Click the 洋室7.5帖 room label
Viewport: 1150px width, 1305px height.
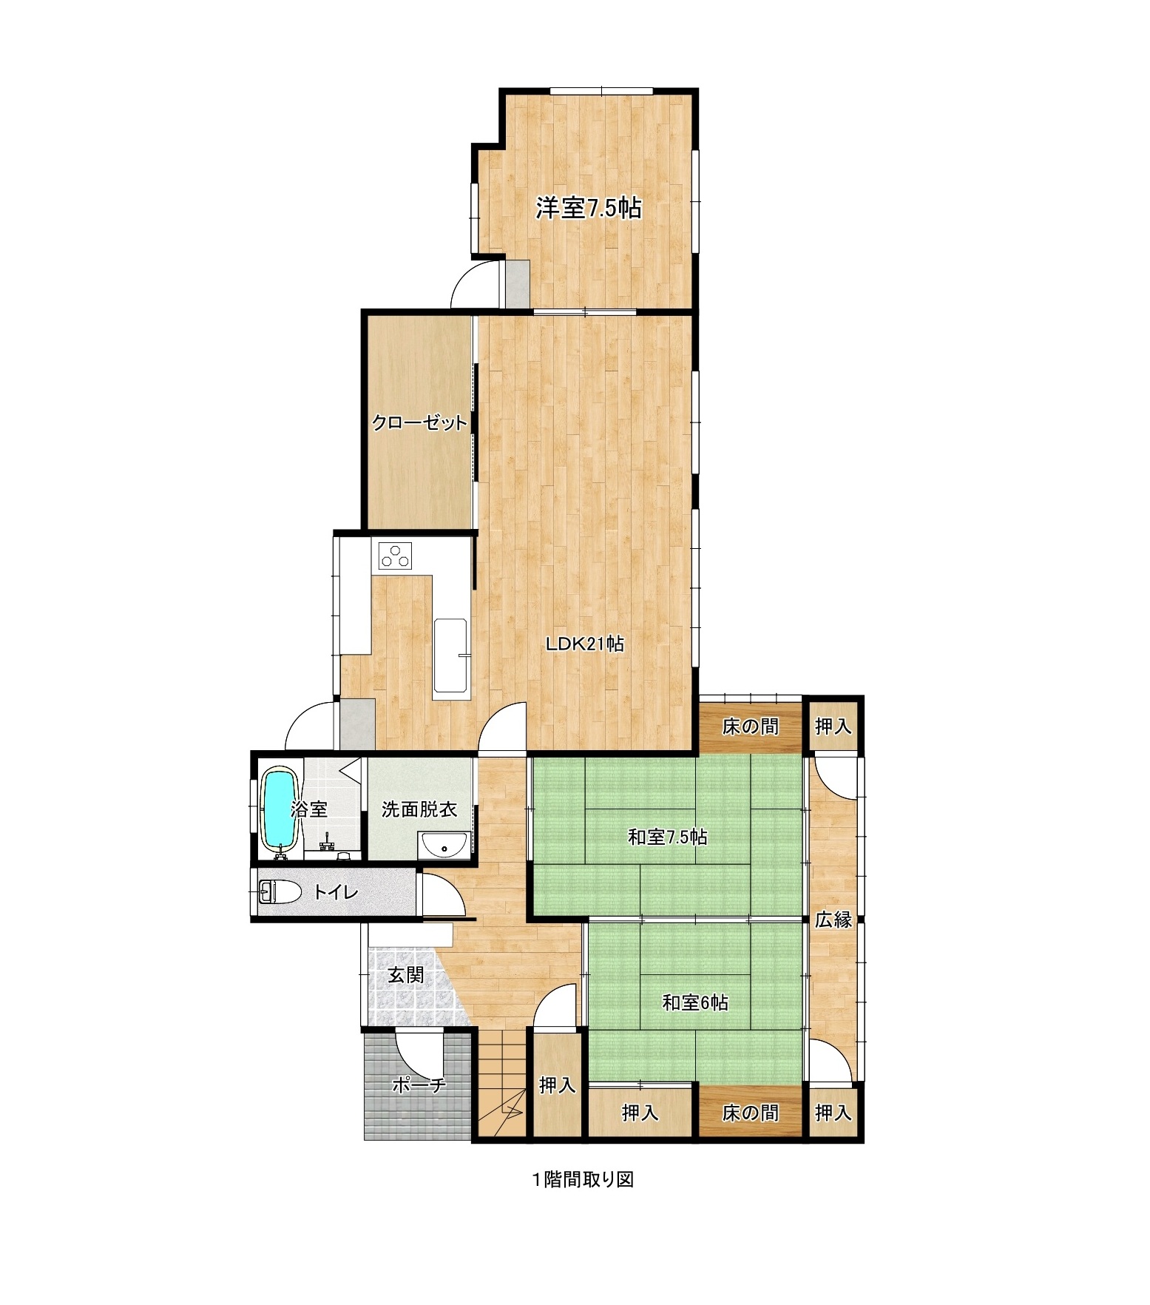pyautogui.click(x=588, y=209)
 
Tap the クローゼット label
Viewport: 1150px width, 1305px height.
pyautogui.click(x=419, y=423)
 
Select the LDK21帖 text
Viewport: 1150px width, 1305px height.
pyautogui.click(x=585, y=644)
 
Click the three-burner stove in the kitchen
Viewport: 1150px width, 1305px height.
pyautogui.click(x=394, y=556)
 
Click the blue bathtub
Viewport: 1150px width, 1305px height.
pyautogui.click(x=280, y=810)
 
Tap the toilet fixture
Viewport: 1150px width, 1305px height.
pyautogui.click(x=280, y=891)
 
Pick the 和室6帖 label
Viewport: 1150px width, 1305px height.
pyautogui.click(x=695, y=1002)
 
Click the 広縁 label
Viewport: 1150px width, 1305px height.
pyautogui.click(x=833, y=920)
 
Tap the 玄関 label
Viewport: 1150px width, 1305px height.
pyautogui.click(x=406, y=975)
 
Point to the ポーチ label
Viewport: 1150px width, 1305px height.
pyautogui.click(x=419, y=1085)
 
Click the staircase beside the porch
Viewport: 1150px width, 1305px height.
pyautogui.click(x=499, y=1083)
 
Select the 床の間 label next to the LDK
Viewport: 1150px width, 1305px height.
pyautogui.click(x=751, y=726)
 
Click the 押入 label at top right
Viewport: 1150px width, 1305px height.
pyautogui.click(x=833, y=726)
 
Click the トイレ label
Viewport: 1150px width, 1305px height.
pyautogui.click(x=335, y=892)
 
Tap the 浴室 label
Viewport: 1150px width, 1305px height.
pyautogui.click(x=309, y=809)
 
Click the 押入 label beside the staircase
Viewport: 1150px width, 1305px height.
pyautogui.click(x=557, y=1085)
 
